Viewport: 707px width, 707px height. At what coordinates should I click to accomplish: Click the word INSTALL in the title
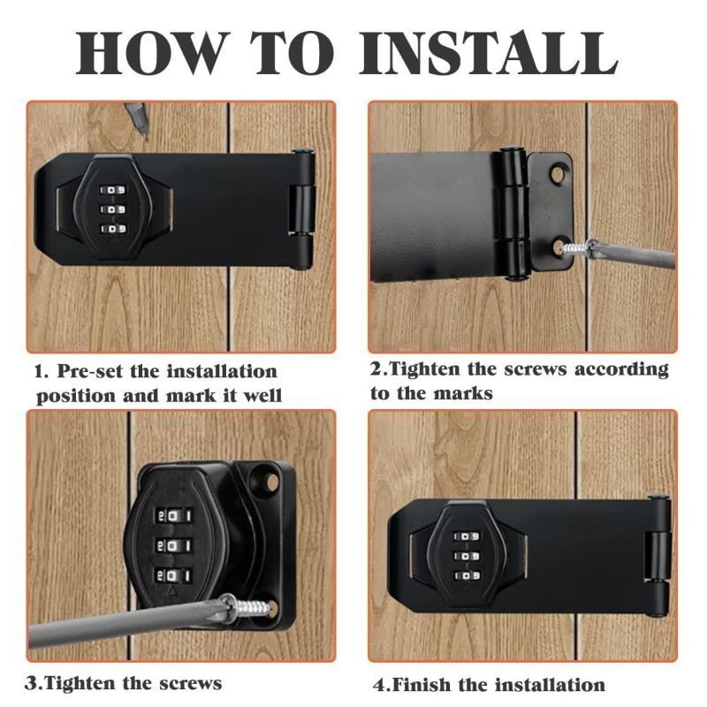(489, 53)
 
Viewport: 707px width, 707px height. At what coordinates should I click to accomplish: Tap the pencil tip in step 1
(144, 134)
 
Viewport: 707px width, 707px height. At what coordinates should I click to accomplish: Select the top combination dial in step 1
(113, 190)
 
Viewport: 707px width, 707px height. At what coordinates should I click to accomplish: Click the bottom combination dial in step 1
(113, 229)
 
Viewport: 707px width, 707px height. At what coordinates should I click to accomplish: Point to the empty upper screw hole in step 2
(559, 173)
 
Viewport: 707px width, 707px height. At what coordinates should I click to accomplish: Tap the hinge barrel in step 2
(513, 213)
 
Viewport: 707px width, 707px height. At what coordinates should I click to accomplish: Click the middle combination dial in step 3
(173, 546)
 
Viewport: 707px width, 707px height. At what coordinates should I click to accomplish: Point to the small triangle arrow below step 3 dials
(171, 590)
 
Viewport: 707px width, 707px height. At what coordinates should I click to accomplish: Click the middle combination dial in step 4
(467, 556)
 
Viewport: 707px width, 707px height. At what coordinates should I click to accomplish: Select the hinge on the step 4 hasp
(658, 556)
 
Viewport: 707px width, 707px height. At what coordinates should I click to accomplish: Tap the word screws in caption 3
(191, 683)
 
